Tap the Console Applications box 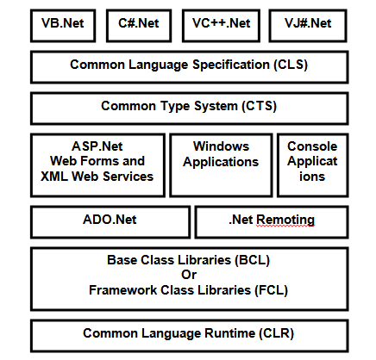click(312, 164)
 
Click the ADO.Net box click(110, 220)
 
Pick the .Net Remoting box click(272, 220)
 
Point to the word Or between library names click(188, 276)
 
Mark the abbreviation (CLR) click(269, 332)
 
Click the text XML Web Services click(97, 177)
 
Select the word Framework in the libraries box click(122, 290)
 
